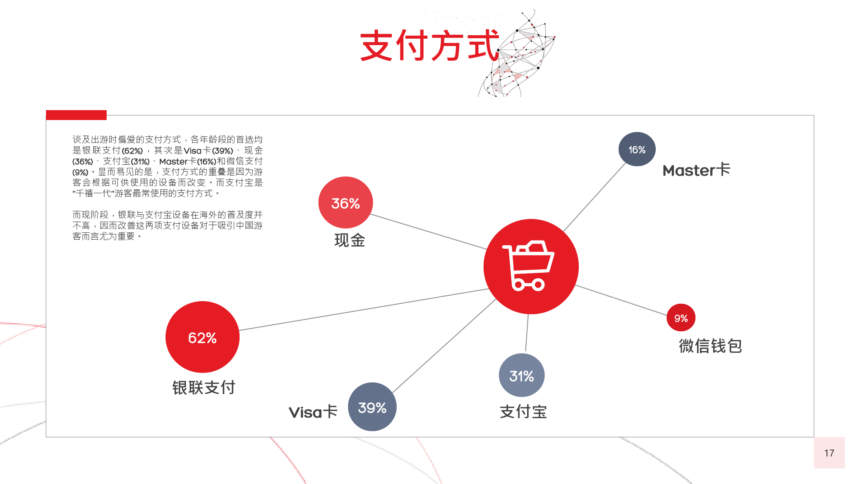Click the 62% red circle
[x=203, y=337]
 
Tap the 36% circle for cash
[x=346, y=203]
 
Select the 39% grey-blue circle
[x=372, y=407]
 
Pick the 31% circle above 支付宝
[x=522, y=376]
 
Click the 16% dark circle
[x=637, y=149]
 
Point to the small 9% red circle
[x=681, y=318]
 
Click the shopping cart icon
[x=528, y=265]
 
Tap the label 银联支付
[x=204, y=388]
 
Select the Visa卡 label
[x=313, y=412]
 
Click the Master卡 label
[x=696, y=170]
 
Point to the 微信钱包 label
[x=710, y=346]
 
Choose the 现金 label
[x=350, y=240]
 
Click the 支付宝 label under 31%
[x=523, y=412]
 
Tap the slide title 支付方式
[x=430, y=46]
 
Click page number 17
[x=829, y=453]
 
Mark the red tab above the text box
[x=76, y=115]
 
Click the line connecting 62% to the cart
[x=364, y=310]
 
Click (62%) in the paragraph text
[x=132, y=151]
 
